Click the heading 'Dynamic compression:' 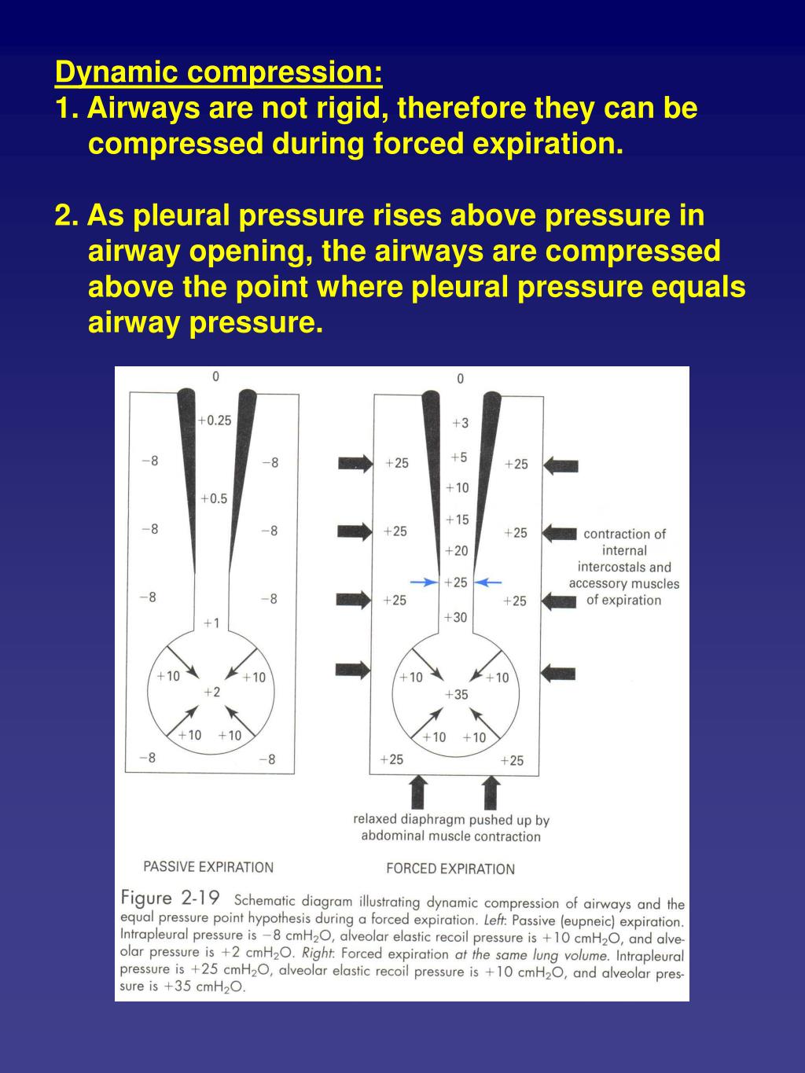(219, 72)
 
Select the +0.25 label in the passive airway (215, 421)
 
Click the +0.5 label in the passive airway (214, 498)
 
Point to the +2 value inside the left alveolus (211, 692)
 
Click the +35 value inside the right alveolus (455, 694)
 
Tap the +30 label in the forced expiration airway (455, 617)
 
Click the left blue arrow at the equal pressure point (425, 582)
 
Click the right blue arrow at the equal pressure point (489, 582)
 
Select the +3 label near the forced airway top (460, 423)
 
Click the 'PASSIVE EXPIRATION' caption (208, 867)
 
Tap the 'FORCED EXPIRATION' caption (450, 869)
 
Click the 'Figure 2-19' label (170, 898)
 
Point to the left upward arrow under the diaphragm (419, 792)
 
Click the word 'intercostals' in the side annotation (612, 567)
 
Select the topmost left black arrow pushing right (355, 463)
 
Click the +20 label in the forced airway (456, 551)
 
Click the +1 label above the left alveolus (211, 623)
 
